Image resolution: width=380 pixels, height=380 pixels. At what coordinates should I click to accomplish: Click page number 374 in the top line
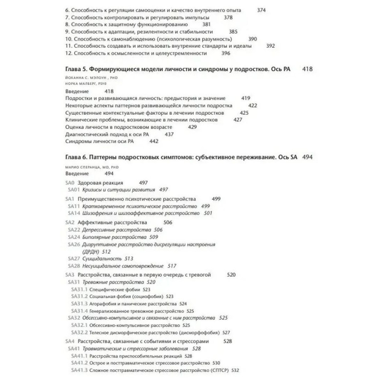coord(261,11)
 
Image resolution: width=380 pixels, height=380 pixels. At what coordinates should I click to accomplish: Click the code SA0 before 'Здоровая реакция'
coord(70,183)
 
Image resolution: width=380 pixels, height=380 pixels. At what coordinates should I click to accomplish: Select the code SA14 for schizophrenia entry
coord(73,213)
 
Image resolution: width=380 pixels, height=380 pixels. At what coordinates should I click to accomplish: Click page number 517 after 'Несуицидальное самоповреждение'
coord(172,266)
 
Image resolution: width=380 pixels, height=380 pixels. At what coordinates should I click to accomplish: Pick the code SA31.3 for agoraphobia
coord(79,304)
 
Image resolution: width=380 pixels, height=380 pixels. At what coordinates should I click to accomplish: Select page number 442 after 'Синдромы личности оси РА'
coord(154,141)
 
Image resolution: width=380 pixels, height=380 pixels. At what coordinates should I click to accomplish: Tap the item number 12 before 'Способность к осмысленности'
coord(68,53)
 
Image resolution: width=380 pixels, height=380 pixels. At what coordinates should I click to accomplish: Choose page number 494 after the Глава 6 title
coord(307,157)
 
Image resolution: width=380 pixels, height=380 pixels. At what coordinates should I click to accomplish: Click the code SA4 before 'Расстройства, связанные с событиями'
coord(70,341)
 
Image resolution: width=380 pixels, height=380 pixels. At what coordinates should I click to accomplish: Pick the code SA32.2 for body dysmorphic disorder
coord(79,332)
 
